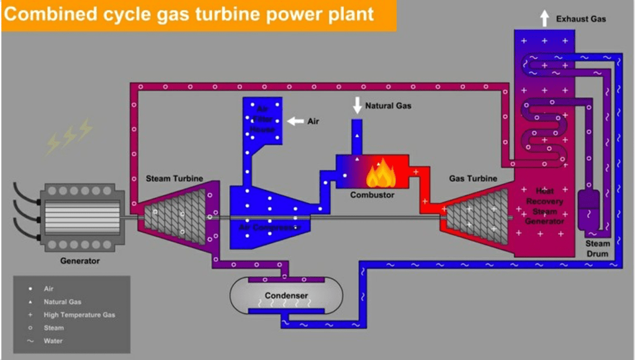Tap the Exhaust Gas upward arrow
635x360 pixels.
coord(544,19)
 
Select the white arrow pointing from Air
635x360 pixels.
coord(295,121)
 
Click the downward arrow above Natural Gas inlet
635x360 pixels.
coord(357,106)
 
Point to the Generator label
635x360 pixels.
coord(79,261)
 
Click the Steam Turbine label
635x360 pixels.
coord(174,179)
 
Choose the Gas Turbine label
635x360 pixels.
coord(473,179)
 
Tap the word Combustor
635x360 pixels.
coord(372,195)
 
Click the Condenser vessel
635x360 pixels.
coord(286,296)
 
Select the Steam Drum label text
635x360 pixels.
coord(598,248)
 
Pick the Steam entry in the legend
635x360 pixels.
coord(54,328)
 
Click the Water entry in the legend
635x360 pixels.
coord(53,341)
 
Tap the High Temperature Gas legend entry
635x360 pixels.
coord(79,315)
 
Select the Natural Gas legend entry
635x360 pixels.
coord(62,302)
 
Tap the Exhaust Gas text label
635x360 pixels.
coord(581,19)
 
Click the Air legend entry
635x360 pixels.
coord(48,289)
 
